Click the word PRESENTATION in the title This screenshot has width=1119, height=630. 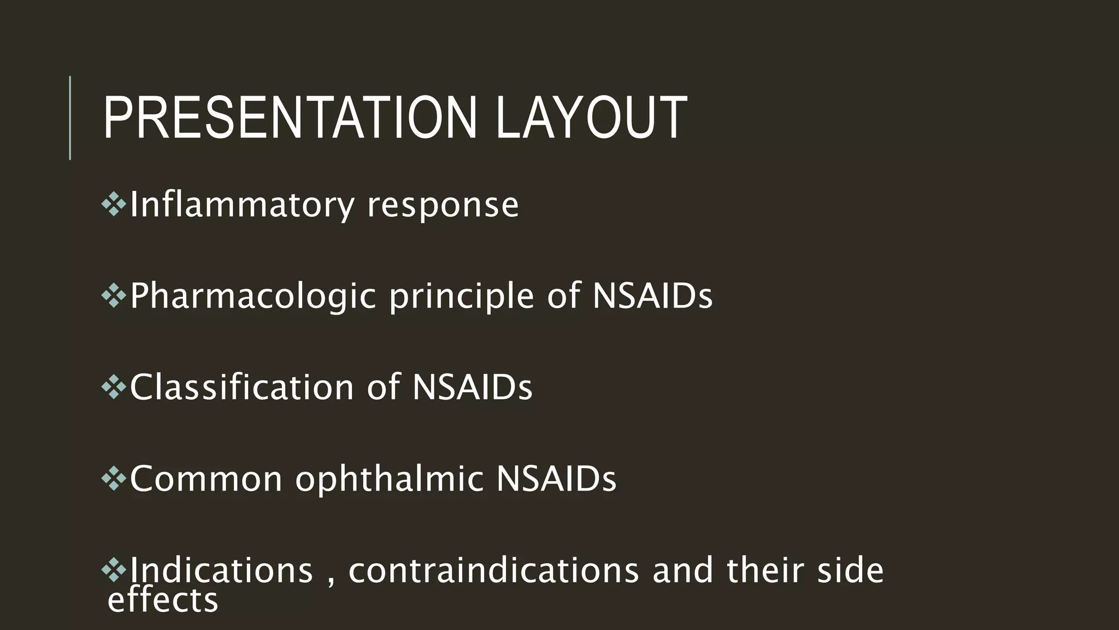290,118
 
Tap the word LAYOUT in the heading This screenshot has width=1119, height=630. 591,118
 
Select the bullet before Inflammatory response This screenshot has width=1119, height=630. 114,205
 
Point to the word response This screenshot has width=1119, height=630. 443,206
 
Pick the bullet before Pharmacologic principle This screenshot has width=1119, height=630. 114,296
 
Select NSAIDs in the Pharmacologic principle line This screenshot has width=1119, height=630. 652,296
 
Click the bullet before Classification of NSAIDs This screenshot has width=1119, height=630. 114,387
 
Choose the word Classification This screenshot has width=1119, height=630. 242,387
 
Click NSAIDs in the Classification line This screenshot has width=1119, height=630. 472,387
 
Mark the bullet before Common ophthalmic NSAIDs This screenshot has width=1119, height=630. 114,479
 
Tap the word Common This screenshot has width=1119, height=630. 206,479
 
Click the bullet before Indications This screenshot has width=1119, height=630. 114,570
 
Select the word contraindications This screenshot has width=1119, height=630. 493,570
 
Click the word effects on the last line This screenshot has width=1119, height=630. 163,600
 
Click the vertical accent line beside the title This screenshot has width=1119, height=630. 70,118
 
